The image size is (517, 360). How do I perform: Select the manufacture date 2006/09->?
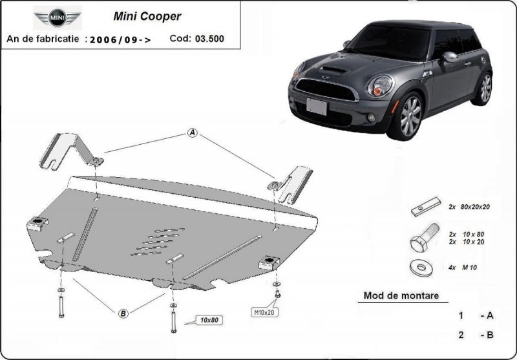tap(121, 39)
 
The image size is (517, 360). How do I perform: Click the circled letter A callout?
tap(192, 133)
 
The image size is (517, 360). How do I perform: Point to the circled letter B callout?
tap(123, 314)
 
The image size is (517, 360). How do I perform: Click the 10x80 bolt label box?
tap(209, 319)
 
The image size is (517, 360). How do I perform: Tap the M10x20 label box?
tap(264, 313)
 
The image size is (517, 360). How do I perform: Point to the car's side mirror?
tap(450, 56)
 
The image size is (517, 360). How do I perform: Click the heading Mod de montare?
tap(401, 296)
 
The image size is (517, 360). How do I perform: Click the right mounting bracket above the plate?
tap(293, 182)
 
